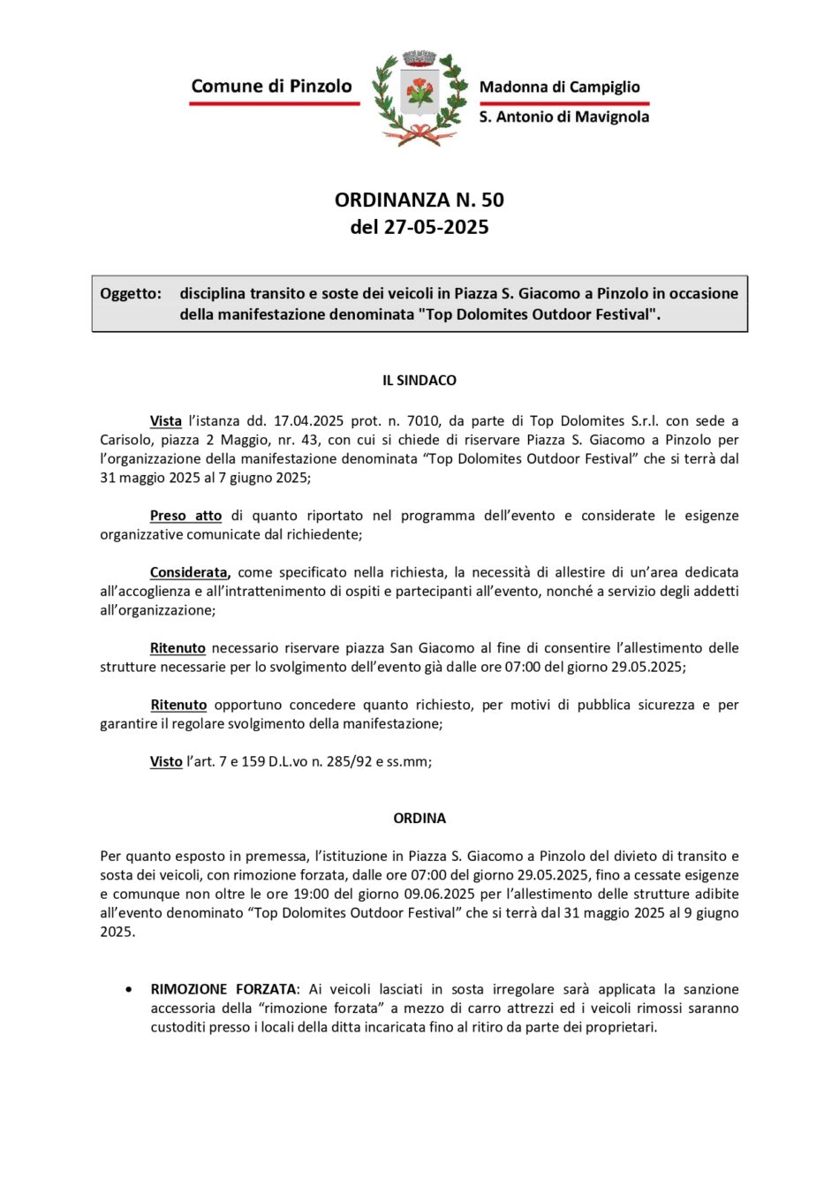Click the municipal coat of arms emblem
click(x=419, y=97)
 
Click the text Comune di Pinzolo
click(x=271, y=86)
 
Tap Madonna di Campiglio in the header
click(x=559, y=87)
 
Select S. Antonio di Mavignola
click(x=563, y=117)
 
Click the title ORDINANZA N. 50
click(x=419, y=200)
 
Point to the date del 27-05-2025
click(x=419, y=227)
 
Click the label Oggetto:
click(x=131, y=293)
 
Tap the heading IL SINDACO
click(x=419, y=381)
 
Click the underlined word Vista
click(x=166, y=421)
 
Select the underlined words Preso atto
click(x=185, y=516)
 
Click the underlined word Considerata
click(x=189, y=572)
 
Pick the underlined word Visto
click(x=166, y=761)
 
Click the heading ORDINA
click(x=419, y=819)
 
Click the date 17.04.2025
click(x=308, y=421)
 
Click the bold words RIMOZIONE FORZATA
click(x=223, y=989)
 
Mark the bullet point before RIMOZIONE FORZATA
click(x=130, y=989)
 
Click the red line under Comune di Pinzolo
click(x=274, y=103)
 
